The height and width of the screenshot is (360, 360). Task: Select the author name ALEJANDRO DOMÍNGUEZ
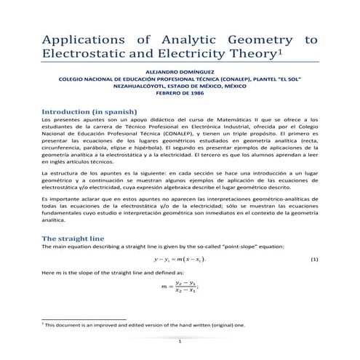[180, 73]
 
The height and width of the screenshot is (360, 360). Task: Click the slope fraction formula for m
[180, 287]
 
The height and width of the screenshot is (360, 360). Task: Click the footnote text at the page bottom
[145, 325]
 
